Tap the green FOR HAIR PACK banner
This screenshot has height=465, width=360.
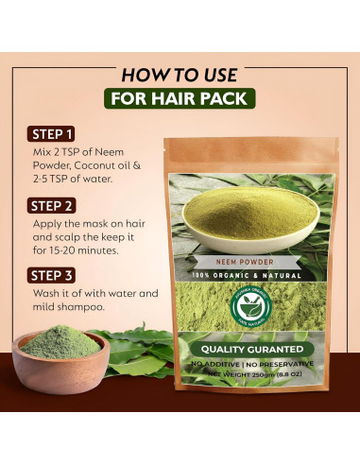[180, 99]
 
